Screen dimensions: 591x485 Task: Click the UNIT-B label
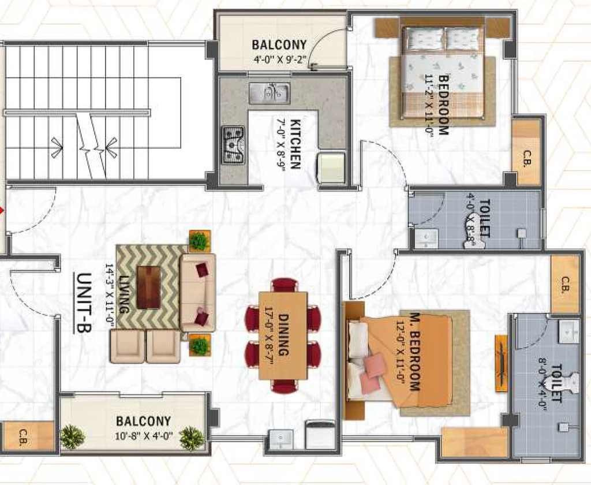[x=84, y=303]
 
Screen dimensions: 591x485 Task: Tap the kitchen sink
[x=269, y=93]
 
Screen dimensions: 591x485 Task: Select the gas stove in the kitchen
[x=233, y=145]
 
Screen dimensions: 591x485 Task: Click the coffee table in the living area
[x=148, y=288]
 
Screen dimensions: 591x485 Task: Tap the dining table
[x=283, y=335]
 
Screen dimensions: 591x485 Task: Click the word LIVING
[x=124, y=294]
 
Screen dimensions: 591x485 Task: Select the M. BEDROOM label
[x=414, y=351]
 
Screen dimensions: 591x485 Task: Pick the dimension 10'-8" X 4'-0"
[x=144, y=436]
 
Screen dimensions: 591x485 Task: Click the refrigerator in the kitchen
[x=331, y=167]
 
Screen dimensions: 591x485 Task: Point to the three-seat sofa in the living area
[x=198, y=293]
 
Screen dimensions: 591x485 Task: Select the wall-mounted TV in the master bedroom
[x=502, y=363]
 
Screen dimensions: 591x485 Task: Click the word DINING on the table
[x=283, y=335]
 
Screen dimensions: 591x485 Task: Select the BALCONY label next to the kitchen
[x=279, y=45]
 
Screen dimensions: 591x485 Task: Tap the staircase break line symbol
[x=91, y=145]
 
